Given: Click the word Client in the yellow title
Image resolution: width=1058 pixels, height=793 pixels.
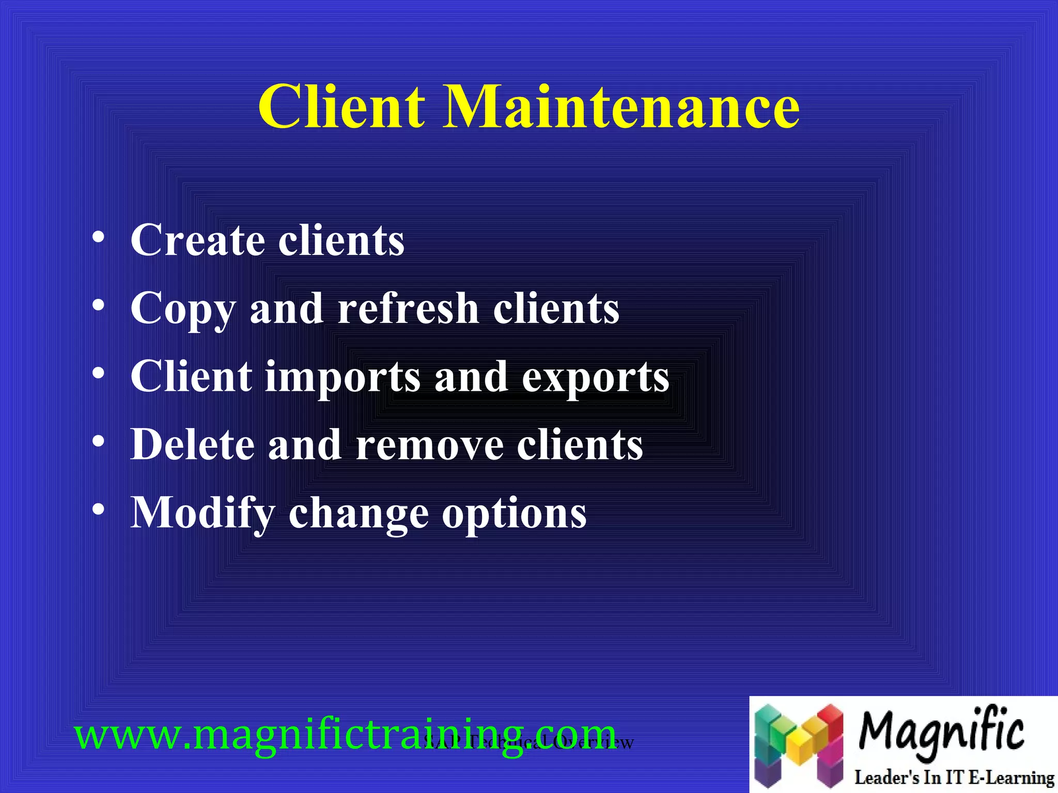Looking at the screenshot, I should point(341,107).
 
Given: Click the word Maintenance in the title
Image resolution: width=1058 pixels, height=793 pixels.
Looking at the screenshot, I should point(621,107).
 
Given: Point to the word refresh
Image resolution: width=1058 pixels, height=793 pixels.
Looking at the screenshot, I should point(408,308).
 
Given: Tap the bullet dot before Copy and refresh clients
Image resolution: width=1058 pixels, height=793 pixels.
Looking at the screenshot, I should point(99,306).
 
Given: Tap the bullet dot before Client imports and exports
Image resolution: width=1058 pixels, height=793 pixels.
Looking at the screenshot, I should point(99,373).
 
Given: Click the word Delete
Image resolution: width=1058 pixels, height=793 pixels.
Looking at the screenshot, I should point(192,445).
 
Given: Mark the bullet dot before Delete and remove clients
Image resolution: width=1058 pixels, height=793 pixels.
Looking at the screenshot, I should point(99,441).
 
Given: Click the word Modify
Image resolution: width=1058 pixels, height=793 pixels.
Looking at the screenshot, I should point(203,514).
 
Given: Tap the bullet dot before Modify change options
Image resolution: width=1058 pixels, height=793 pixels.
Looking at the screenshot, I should point(99,509).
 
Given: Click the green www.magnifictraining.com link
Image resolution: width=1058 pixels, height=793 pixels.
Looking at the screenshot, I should point(345,735).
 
